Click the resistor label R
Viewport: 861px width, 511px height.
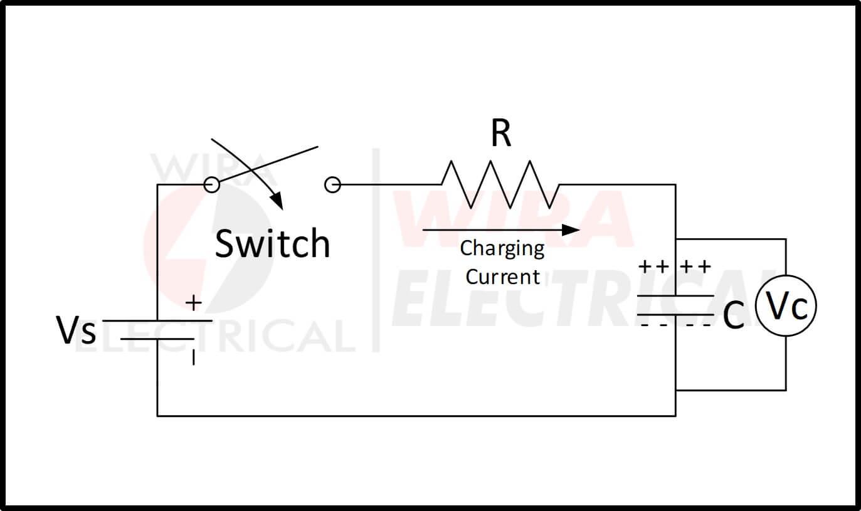pyautogui.click(x=500, y=134)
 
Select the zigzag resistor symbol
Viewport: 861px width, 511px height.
pyautogui.click(x=500, y=184)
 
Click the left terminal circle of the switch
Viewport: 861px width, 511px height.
pyautogui.click(x=213, y=184)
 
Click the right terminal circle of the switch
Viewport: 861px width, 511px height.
pyautogui.click(x=332, y=184)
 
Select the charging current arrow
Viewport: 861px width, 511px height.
pyautogui.click(x=501, y=230)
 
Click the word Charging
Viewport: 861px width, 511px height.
pyautogui.click(x=502, y=249)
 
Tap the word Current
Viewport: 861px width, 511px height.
pyautogui.click(x=502, y=277)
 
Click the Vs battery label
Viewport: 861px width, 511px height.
pyautogui.click(x=77, y=330)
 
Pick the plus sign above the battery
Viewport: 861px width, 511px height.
pyautogui.click(x=194, y=303)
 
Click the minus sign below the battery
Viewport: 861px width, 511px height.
pyautogui.click(x=194, y=358)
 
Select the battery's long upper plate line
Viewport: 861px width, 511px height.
pyautogui.click(x=157, y=320)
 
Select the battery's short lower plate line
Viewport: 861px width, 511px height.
pyautogui.click(x=157, y=339)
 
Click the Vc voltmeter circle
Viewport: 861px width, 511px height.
pyautogui.click(x=786, y=307)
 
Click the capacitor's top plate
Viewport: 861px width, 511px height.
pyautogui.click(x=675, y=295)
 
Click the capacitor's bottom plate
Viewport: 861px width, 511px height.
pyautogui.click(x=675, y=314)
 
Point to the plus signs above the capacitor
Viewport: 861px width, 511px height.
pyautogui.click(x=675, y=266)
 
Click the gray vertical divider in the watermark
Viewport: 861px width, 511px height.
pyautogui.click(x=376, y=251)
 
